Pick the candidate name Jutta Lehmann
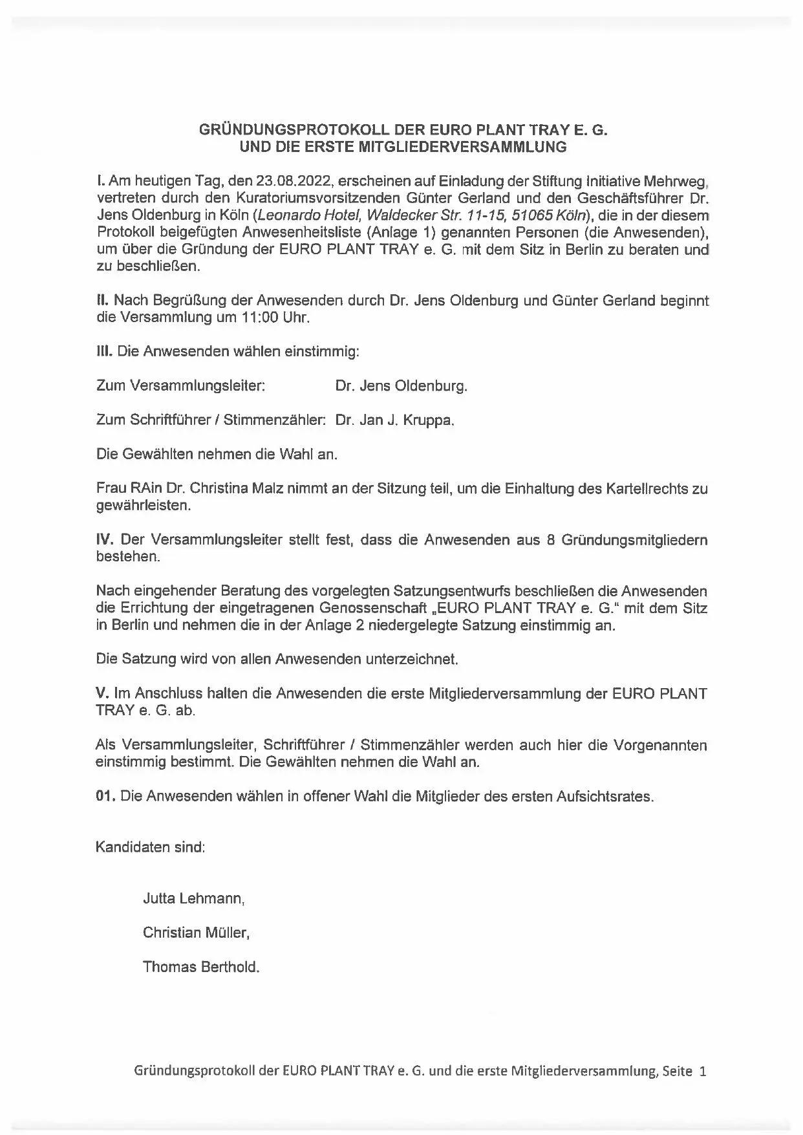[x=193, y=898]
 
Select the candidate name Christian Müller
[x=196, y=933]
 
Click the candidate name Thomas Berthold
[x=201, y=967]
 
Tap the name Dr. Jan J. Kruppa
[x=395, y=420]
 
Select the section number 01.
[x=105, y=796]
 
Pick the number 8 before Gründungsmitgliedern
[x=550, y=539]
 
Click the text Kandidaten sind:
[x=150, y=847]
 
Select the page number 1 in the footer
[x=703, y=1071]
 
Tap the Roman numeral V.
[x=102, y=693]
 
